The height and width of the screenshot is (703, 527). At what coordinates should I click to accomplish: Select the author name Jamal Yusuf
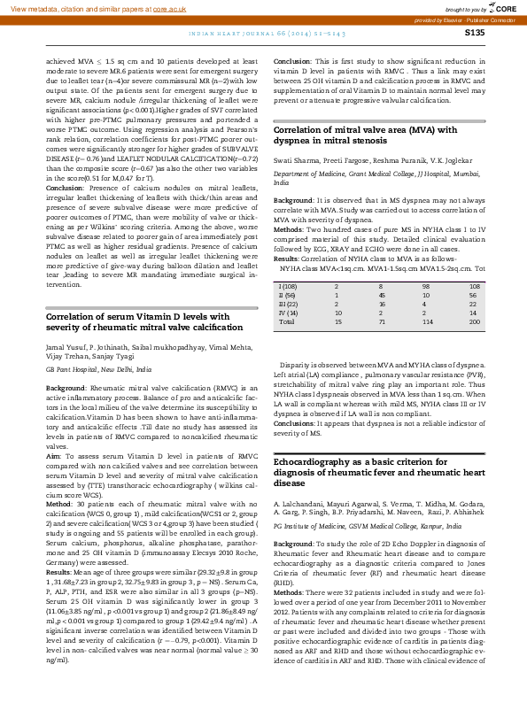coord(65,324)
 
